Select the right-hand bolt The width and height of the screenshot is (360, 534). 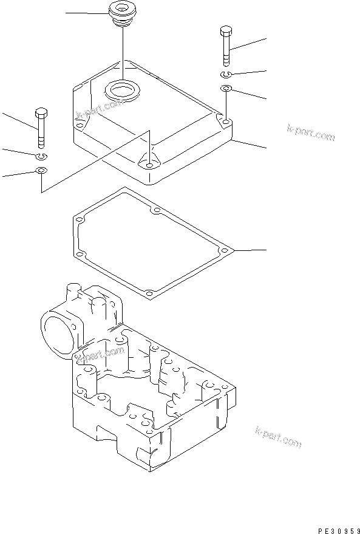[x=225, y=46]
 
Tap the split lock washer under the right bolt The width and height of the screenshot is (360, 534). [x=225, y=74]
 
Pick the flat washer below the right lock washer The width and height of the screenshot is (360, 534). [x=225, y=90]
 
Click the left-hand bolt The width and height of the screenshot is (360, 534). [x=41, y=127]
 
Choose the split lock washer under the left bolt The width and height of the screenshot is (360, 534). [x=41, y=157]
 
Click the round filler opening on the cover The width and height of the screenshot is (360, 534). [x=123, y=91]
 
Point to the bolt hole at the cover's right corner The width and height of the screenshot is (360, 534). [x=225, y=123]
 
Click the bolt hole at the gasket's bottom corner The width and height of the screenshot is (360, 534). [x=149, y=293]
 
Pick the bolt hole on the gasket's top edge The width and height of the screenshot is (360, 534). [x=156, y=211]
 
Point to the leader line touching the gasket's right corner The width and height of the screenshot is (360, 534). [x=249, y=250]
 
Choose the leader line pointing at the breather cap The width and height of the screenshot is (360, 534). [x=85, y=13]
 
